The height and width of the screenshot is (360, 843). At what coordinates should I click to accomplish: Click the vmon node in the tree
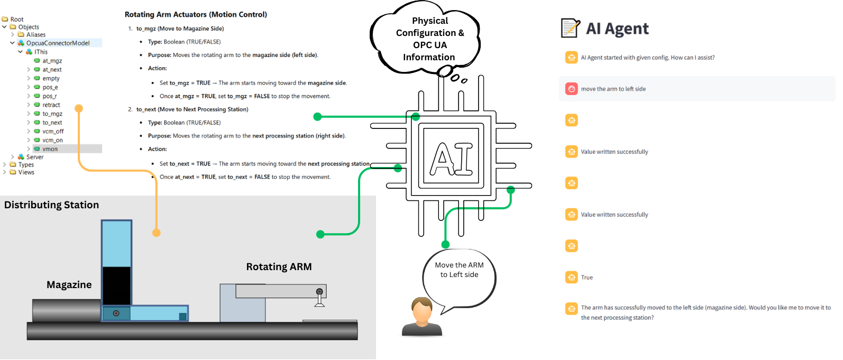point(50,149)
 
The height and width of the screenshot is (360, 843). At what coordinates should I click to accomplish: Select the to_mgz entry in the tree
point(52,114)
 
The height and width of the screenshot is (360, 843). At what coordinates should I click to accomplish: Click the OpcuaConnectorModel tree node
point(58,43)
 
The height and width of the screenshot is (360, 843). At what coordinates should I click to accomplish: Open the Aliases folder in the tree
point(35,35)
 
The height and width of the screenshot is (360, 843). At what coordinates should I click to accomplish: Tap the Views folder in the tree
point(26,172)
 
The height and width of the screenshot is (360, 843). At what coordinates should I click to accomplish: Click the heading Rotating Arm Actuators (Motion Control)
point(196,14)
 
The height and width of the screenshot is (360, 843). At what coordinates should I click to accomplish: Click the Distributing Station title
point(51,205)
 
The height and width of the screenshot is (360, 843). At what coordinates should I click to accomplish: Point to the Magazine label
point(69,285)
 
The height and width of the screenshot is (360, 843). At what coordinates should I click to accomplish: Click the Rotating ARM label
point(279,267)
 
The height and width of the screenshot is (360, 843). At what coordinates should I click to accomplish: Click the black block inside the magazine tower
point(116,285)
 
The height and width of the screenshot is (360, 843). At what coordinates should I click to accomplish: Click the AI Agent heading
point(617,29)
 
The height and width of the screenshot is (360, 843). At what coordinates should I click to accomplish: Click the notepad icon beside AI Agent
point(570,28)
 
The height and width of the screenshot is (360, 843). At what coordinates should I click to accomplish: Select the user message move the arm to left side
point(613,89)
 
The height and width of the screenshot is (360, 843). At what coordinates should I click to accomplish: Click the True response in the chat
point(587,278)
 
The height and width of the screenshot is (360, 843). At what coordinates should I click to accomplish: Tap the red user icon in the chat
point(571,89)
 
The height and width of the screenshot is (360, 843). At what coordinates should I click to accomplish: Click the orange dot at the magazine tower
point(156,233)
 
